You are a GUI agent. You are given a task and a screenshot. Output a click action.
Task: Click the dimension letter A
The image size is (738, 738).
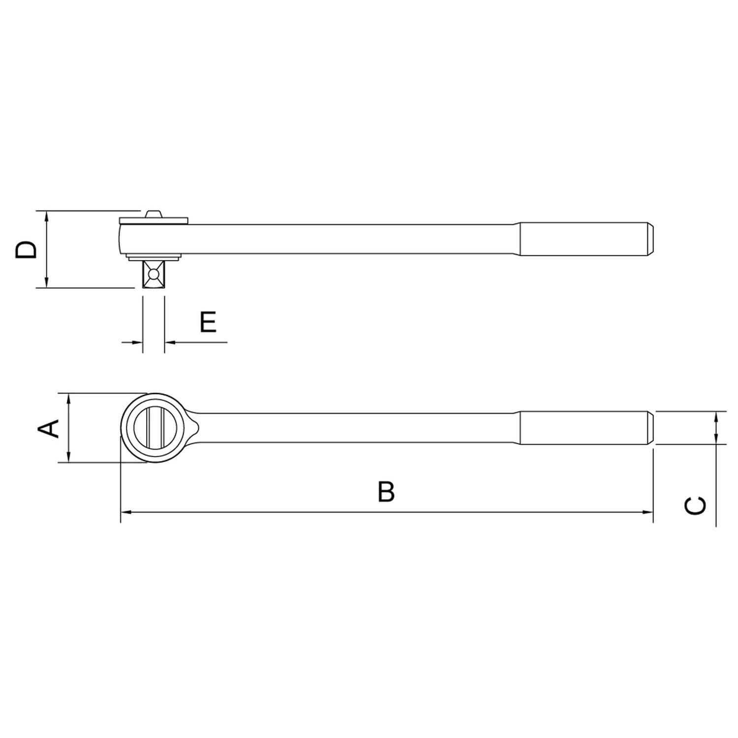(x=49, y=428)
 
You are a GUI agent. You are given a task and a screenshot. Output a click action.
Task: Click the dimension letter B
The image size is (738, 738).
(x=386, y=492)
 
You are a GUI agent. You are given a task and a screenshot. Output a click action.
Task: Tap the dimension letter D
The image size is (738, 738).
(x=26, y=250)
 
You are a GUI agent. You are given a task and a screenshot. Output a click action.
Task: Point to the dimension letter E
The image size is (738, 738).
(x=208, y=322)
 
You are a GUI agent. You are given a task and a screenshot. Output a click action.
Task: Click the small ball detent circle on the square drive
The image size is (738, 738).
(x=154, y=275)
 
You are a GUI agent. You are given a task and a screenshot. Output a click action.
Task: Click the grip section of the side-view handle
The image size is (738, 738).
(x=585, y=240)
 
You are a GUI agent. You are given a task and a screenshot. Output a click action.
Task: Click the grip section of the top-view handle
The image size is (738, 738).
(x=585, y=428)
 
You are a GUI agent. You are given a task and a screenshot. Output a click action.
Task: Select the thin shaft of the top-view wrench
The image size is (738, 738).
(x=354, y=428)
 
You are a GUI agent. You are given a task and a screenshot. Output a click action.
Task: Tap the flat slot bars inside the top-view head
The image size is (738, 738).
(x=154, y=428)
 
